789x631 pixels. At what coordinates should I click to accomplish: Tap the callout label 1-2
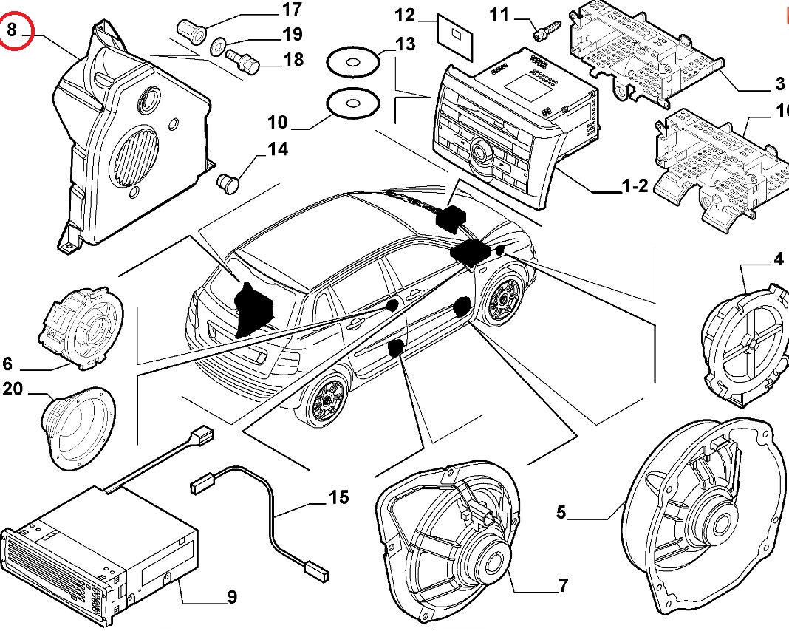tap(635, 186)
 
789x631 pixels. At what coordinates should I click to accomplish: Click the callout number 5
tap(561, 511)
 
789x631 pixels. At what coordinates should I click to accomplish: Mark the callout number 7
tap(563, 587)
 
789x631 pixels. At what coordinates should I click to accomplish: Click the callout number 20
tap(13, 389)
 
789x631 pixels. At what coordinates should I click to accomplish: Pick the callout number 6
tap(8, 364)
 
